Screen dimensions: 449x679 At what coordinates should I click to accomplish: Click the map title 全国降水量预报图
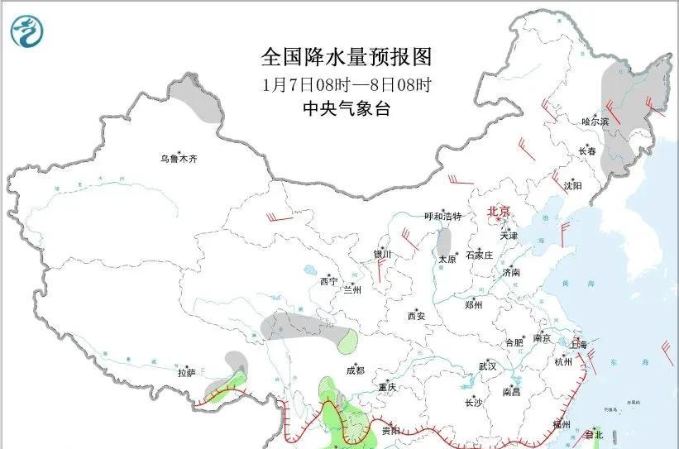click(347, 57)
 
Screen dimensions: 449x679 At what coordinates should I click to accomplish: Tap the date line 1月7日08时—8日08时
click(347, 84)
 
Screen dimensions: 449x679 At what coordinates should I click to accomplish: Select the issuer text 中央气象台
click(347, 108)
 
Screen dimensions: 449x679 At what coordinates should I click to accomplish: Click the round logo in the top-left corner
click(28, 31)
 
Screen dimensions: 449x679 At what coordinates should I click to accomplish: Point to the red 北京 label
click(500, 211)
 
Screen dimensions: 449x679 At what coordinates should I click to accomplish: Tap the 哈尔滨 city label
click(595, 122)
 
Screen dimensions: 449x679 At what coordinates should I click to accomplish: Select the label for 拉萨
click(186, 373)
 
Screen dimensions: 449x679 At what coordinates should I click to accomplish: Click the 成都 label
click(356, 371)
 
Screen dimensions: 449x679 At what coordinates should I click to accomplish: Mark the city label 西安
click(416, 315)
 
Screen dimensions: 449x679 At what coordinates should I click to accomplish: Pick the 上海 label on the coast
click(579, 344)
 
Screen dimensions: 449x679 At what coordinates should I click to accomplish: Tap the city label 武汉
click(487, 365)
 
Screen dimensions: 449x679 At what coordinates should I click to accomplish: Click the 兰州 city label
click(352, 290)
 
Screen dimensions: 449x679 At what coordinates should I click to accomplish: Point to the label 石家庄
click(480, 255)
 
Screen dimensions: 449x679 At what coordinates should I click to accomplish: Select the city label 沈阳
click(573, 186)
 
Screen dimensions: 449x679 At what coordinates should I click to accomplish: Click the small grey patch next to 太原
click(444, 242)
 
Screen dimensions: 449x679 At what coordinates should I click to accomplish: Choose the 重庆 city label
click(388, 387)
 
